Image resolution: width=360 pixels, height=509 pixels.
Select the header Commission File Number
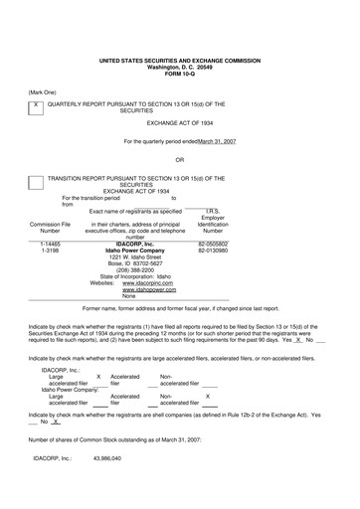point(50,228)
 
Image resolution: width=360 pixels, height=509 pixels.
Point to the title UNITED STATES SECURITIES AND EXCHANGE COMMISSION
point(179,60)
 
